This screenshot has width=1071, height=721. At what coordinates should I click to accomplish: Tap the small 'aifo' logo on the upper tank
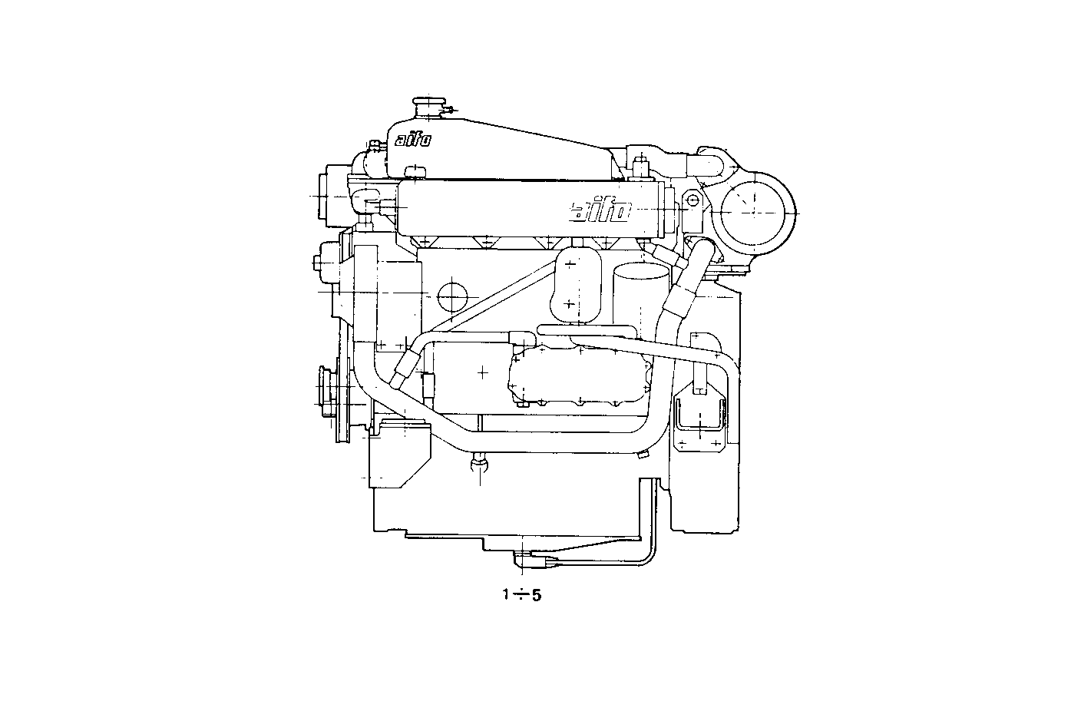412,140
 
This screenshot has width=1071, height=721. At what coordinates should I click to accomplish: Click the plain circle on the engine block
451,296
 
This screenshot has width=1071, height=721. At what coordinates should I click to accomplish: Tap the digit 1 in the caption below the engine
505,594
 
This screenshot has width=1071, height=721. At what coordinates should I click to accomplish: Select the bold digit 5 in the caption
537,595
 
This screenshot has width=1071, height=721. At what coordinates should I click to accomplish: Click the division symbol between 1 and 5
520,594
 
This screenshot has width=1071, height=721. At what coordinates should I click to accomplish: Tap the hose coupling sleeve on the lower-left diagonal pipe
404,368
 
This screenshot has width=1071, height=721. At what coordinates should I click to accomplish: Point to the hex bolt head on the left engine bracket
317,263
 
